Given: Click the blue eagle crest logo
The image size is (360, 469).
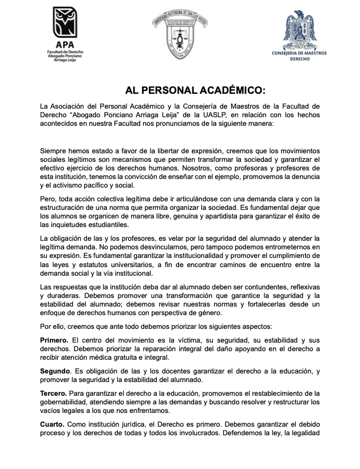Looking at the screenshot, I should click(299, 28).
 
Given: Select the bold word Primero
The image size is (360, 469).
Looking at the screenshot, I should click(54, 340).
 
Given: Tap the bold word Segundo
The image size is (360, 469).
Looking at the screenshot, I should click(56, 371).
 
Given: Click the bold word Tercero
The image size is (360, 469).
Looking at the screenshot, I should click(53, 393).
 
